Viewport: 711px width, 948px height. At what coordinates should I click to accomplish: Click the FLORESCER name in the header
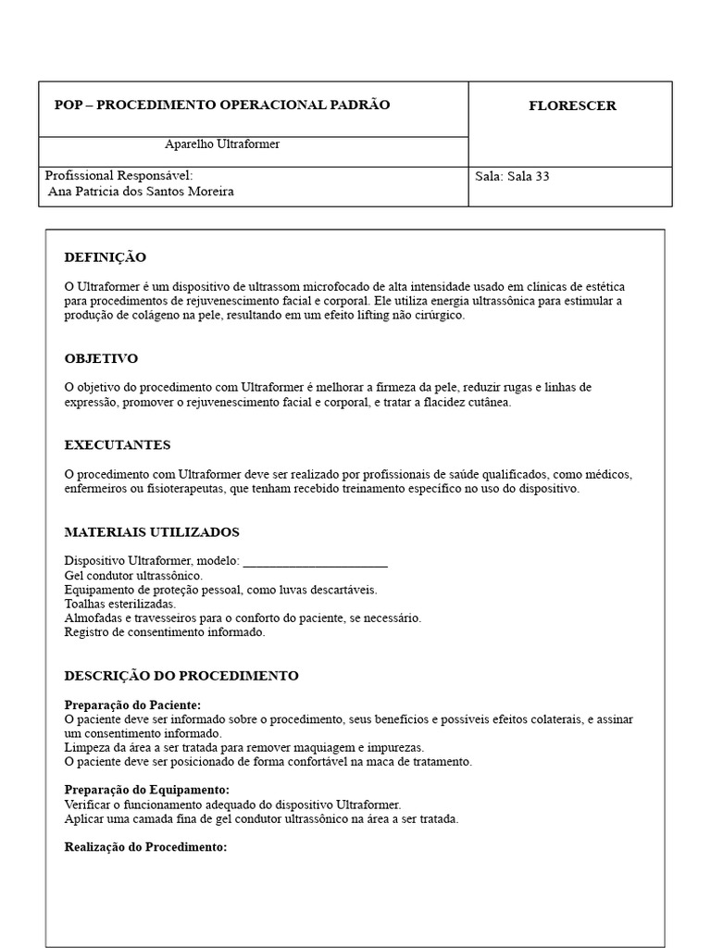click(x=572, y=106)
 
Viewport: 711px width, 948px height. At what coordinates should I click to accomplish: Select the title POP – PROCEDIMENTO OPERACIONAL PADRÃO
click(x=222, y=105)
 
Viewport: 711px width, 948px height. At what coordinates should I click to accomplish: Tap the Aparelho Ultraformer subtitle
click(x=222, y=144)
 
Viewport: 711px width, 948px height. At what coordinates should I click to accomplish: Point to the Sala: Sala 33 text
click(x=511, y=176)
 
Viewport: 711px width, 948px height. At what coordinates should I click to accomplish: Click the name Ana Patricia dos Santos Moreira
click(x=141, y=192)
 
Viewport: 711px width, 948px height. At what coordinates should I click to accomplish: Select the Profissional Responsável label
click(x=118, y=175)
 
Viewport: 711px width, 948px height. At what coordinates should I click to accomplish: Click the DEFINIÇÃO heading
click(x=105, y=257)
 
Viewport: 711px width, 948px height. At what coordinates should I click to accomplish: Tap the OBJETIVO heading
click(x=101, y=358)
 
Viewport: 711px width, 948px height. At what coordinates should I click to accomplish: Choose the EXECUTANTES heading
click(x=117, y=445)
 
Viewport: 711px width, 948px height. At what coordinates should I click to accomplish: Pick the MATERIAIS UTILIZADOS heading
click(x=152, y=532)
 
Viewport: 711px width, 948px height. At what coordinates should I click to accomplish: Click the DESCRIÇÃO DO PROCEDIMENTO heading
click(x=181, y=676)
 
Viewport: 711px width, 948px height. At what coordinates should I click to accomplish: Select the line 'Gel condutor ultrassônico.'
click(x=133, y=576)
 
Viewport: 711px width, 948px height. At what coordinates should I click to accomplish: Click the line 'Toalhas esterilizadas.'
click(x=119, y=604)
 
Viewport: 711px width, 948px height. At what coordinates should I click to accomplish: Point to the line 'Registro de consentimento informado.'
click(x=165, y=632)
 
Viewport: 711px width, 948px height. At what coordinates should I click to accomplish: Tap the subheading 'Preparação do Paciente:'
click(x=132, y=705)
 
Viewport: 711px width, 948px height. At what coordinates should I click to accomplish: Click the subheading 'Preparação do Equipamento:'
click(x=146, y=790)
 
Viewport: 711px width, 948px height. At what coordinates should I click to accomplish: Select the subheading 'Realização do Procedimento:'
click(x=145, y=847)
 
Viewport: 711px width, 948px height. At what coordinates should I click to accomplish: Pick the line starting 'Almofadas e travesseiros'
click(x=243, y=617)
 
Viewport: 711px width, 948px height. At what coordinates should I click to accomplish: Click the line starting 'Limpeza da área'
click(x=244, y=747)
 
